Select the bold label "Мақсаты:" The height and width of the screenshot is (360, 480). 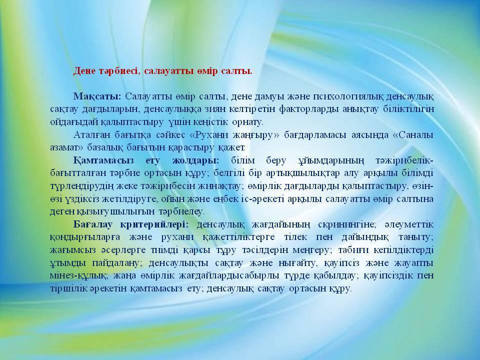[97, 96]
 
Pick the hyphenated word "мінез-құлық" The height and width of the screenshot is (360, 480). [78, 276]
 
